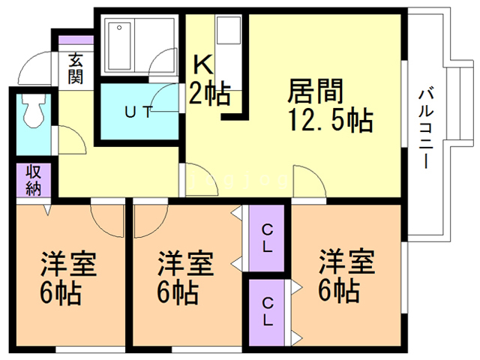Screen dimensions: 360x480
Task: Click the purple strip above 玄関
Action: coord(76,40)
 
